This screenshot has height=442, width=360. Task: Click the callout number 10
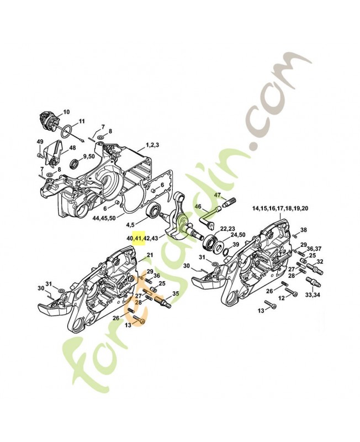point(67,112)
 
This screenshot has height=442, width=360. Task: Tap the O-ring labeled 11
point(65,131)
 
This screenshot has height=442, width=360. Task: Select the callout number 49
point(40,143)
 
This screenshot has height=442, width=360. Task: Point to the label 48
point(72,148)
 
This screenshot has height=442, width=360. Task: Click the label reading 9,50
point(88,157)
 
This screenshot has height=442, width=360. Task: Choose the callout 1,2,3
point(152,145)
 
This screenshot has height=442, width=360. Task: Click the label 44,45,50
point(104,218)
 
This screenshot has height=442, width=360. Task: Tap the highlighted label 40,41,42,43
point(142,238)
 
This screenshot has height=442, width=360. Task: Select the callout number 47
point(218,195)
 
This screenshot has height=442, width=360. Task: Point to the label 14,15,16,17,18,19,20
point(280,208)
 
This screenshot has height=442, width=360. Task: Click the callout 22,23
point(228,228)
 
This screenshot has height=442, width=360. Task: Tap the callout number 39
point(235,245)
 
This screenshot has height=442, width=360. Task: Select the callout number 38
point(303,229)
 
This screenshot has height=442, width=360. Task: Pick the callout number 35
point(176,293)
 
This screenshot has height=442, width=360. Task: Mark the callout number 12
point(280,298)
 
